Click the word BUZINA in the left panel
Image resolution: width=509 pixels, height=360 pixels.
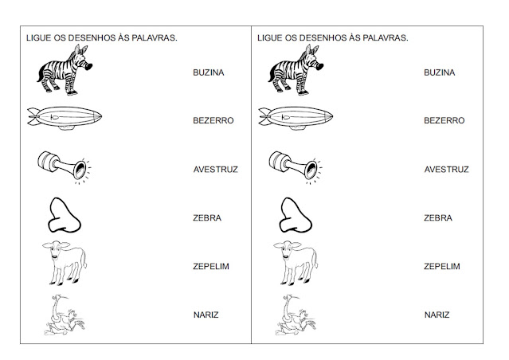click(209, 72)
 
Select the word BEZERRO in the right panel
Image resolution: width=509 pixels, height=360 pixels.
click(444, 120)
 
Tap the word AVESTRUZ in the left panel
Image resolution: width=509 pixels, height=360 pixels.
click(216, 169)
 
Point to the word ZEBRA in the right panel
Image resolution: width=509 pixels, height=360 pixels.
click(438, 217)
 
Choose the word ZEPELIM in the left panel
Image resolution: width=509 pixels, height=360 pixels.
click(211, 266)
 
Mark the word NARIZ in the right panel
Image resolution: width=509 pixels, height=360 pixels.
click(437, 315)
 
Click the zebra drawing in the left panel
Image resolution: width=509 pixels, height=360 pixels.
click(65, 70)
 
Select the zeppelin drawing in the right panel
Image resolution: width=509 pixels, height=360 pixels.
click(296, 119)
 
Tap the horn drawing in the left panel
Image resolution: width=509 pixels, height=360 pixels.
click(65, 167)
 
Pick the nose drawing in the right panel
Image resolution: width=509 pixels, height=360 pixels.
click(296, 215)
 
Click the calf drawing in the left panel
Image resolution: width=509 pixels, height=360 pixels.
click(65, 263)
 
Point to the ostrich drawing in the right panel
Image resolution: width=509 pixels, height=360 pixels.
click(296, 315)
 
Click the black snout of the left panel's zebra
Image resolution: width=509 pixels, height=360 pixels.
click(88, 66)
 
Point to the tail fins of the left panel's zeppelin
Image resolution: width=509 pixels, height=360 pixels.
click(33, 116)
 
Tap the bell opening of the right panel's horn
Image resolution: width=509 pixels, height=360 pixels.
click(311, 170)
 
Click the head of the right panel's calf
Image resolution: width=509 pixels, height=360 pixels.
click(287, 249)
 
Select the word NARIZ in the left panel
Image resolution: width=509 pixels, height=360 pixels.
click(206, 315)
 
